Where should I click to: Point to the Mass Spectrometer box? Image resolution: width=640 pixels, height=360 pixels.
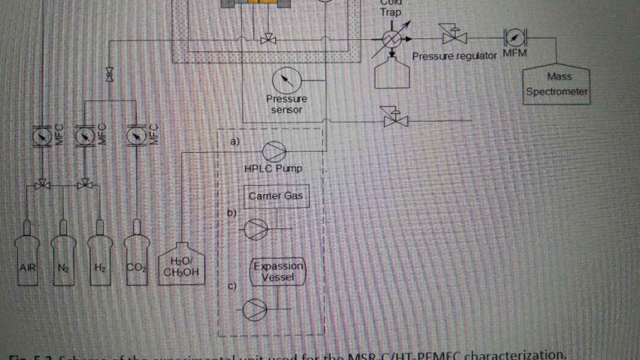point(558,85)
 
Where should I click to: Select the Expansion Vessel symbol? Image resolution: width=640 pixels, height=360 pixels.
point(278,272)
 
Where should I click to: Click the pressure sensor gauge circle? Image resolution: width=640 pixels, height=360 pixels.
point(287,78)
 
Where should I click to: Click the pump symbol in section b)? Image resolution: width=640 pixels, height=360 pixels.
point(255,229)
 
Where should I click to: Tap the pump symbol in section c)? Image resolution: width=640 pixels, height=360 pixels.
point(255,309)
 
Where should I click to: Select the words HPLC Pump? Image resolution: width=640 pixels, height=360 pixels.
point(278,169)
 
